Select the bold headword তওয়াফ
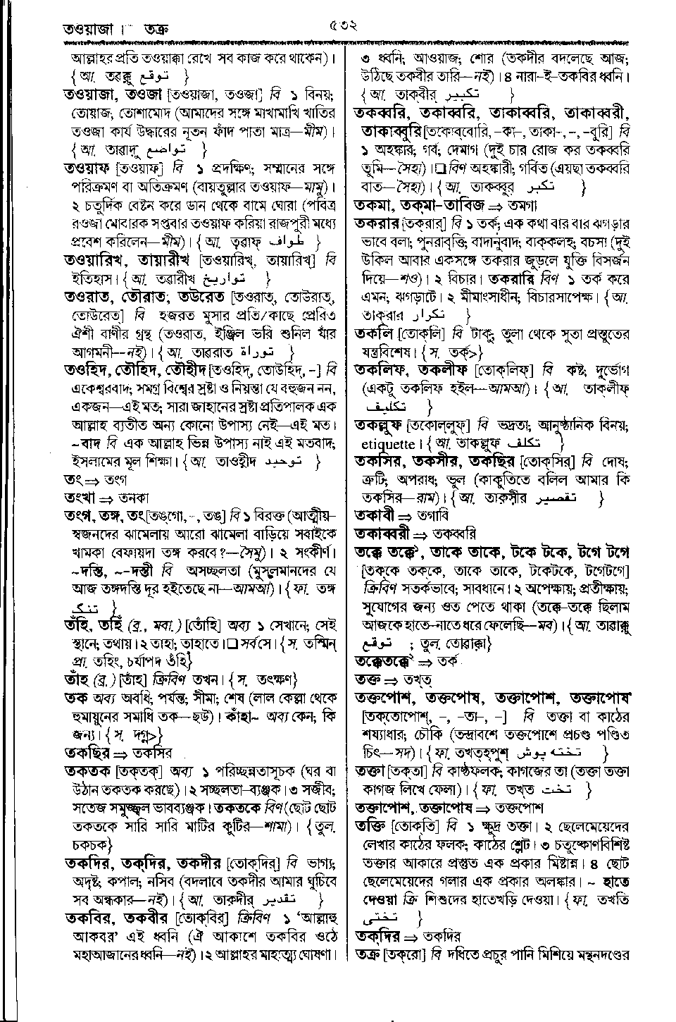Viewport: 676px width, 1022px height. pyautogui.click(x=89, y=169)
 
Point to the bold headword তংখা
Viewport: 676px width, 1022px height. pyautogui.click(x=80, y=498)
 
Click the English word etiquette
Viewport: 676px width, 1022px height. pyautogui.click(x=388, y=445)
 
